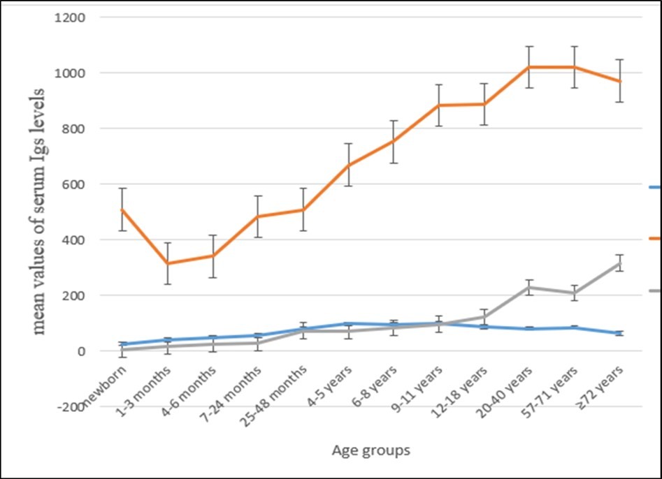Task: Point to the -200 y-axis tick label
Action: (69, 407)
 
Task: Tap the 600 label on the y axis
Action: (69, 184)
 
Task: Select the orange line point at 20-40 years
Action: (529, 67)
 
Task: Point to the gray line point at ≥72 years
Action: (619, 263)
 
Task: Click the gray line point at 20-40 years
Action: (529, 287)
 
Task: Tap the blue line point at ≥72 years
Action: (619, 333)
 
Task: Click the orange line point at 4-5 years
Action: (349, 165)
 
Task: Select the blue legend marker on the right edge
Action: (655, 187)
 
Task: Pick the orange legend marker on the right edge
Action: (655, 238)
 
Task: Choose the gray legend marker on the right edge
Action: (655, 290)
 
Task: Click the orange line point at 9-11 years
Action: (439, 105)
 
